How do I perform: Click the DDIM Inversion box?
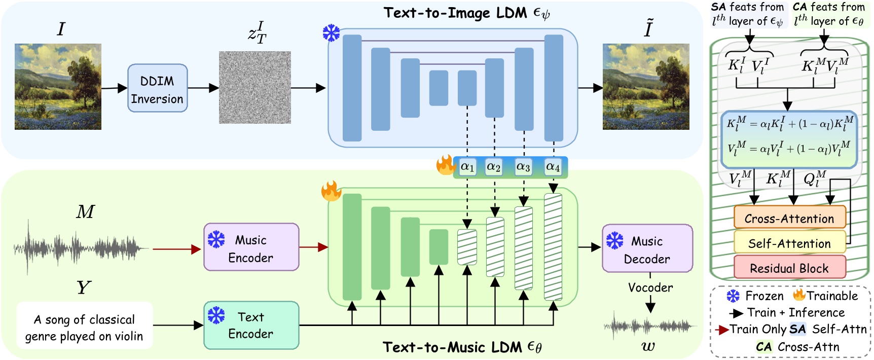pyautogui.click(x=157, y=88)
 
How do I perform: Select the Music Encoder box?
pyautogui.click(x=251, y=247)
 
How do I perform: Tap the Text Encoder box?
pyautogui.click(x=251, y=325)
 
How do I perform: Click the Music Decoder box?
pyautogui.click(x=647, y=249)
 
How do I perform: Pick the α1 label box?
pyautogui.click(x=467, y=167)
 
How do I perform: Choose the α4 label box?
pyautogui.click(x=553, y=167)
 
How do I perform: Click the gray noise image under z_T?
pyautogui.click(x=254, y=87)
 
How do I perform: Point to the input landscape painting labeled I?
pyautogui.click(x=58, y=87)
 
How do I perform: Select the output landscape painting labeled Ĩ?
pyautogui.click(x=646, y=87)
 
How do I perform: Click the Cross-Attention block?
pyautogui.click(x=789, y=219)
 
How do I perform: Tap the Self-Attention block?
pyautogui.click(x=789, y=243)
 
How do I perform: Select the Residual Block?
pyautogui.click(x=789, y=268)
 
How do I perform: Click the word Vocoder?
pyautogui.click(x=650, y=287)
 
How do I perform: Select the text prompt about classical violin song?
pyautogui.click(x=84, y=327)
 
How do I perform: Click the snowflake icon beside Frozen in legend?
pyautogui.click(x=733, y=296)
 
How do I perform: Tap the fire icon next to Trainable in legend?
pyautogui.click(x=799, y=295)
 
